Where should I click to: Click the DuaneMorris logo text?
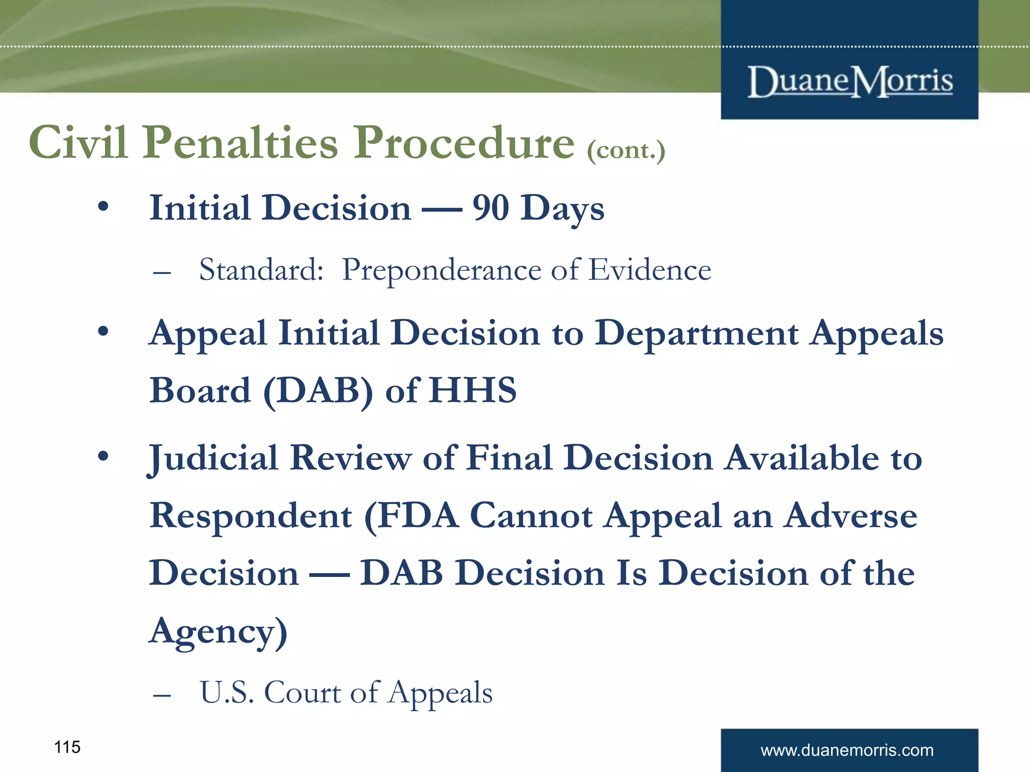tap(850, 81)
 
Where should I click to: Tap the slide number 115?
tap(67, 747)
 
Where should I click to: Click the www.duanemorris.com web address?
tap(847, 750)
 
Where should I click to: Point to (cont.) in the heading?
tap(626, 150)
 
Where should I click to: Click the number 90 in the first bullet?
tap(490, 208)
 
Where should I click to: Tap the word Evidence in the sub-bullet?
tap(650, 270)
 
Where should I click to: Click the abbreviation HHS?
tap(473, 390)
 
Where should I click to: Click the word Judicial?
tap(213, 458)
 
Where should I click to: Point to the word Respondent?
tap(250, 516)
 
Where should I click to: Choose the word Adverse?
tap(850, 516)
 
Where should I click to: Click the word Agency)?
tap(218, 631)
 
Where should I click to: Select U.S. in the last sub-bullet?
tap(227, 692)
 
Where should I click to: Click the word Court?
tap(302, 692)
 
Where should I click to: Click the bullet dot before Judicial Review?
tap(103, 456)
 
